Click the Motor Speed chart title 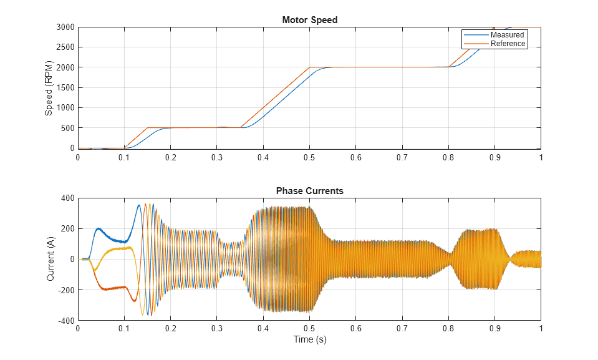coord(309,20)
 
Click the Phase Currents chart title coord(309,191)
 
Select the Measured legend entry coord(507,35)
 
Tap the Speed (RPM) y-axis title coord(49,88)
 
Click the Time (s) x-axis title coord(309,340)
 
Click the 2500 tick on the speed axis coord(65,47)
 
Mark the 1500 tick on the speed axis coord(65,88)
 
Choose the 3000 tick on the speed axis coord(65,27)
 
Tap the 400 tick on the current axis coord(67,198)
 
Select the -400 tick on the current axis coord(66,321)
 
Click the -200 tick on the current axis coord(66,290)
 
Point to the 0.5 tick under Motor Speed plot coord(309,158)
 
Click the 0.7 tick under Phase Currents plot coord(402,329)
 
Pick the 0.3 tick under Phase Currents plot coord(217,329)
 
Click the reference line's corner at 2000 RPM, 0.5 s coord(309,67)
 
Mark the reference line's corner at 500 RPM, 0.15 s coord(147,128)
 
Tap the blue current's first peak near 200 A coord(99,228)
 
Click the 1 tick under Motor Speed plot coord(541,158)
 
